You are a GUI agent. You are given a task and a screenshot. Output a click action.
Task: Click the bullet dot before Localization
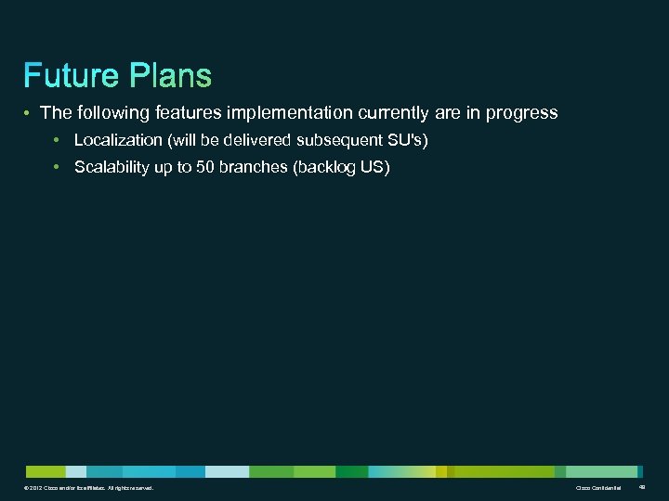point(57,140)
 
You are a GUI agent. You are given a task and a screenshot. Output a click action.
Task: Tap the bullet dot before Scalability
point(57,167)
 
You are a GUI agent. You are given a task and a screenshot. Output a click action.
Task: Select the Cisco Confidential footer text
point(598,488)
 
